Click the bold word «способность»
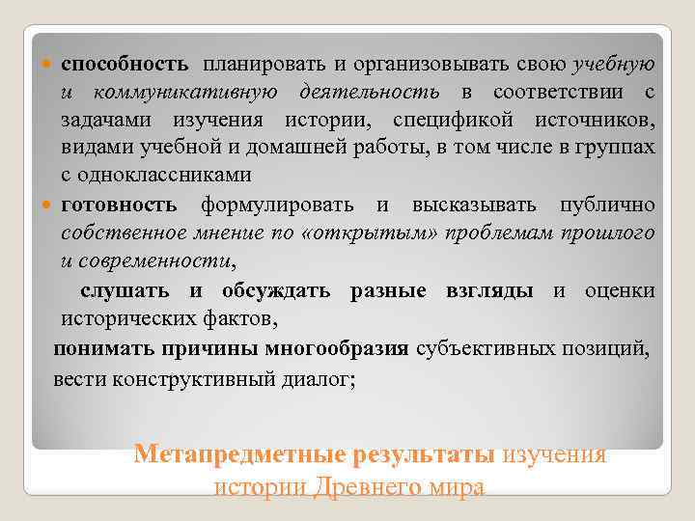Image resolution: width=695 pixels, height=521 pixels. pos(125,65)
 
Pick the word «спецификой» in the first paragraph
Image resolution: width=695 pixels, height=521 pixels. pos(449,121)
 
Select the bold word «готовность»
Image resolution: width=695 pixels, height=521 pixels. pos(120,206)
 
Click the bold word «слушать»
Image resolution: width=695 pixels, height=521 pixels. pos(125,290)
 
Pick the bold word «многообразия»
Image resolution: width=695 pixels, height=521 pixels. pos(327,348)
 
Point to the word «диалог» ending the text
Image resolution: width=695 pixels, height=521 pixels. pos(314,377)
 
